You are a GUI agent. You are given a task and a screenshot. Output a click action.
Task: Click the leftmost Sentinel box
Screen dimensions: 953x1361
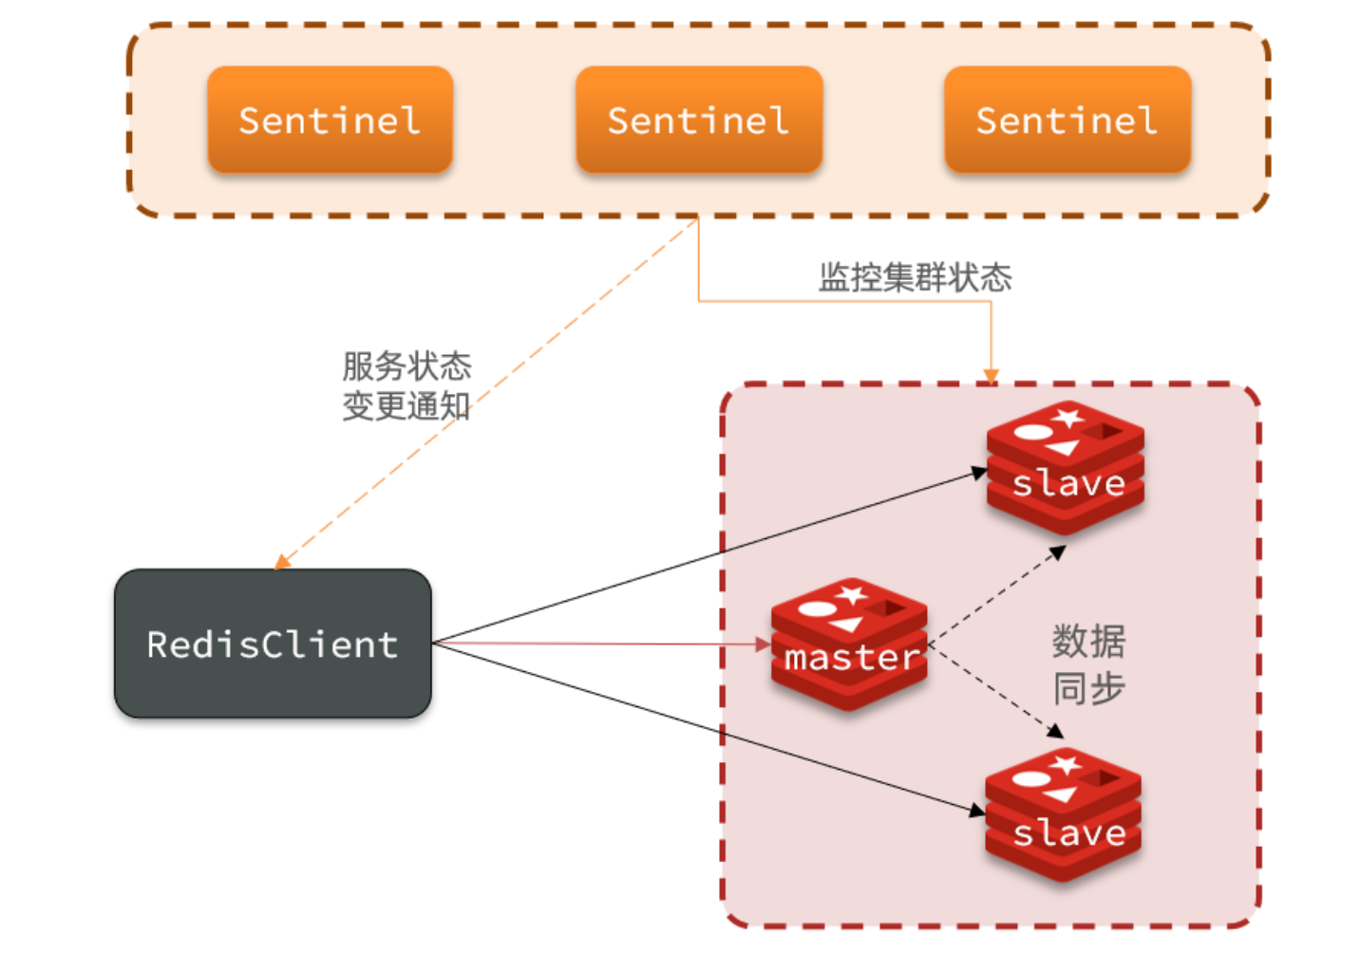[330, 120]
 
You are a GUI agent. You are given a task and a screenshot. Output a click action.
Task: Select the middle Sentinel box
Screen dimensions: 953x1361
[698, 120]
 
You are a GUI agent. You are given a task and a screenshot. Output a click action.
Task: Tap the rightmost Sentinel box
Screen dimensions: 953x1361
[1067, 120]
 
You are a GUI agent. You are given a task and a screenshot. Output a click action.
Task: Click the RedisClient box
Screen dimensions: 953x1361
[273, 644]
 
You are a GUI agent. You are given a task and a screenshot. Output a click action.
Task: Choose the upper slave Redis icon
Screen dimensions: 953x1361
[1065, 466]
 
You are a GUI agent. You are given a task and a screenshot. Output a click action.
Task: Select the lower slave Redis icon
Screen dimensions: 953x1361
[1064, 814]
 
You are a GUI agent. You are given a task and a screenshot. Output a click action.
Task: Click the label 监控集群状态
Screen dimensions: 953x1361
[915, 277]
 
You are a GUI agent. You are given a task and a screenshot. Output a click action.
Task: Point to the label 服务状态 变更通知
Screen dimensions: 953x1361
[406, 385]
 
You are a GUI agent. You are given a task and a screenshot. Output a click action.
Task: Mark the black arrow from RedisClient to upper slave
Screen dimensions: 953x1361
[712, 554]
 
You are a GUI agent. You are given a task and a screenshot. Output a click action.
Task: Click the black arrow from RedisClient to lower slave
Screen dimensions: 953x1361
[712, 729]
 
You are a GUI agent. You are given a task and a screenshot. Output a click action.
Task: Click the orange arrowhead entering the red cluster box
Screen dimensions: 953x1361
[991, 376]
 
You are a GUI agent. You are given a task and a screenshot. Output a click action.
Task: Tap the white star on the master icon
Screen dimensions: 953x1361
[852, 595]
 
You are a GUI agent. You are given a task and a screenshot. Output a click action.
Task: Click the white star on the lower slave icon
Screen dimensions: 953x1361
[1066, 764]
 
